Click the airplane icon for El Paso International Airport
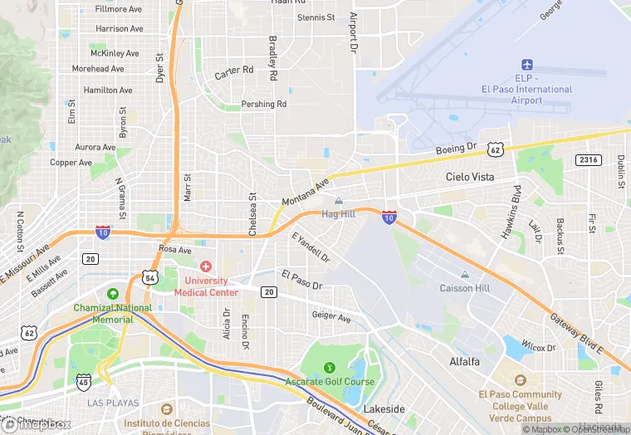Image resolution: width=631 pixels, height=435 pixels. tap(526, 65)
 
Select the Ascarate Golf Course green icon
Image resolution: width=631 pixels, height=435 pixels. tap(330, 367)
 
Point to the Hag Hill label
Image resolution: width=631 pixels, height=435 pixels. tap(338, 213)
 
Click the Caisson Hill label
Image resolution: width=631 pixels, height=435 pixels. tap(464, 288)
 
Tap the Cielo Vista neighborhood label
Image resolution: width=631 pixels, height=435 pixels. tap(470, 177)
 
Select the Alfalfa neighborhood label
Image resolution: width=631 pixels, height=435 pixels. tap(464, 362)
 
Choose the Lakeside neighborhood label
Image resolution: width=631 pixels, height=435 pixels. tap(384, 409)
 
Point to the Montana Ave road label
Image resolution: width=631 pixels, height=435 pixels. tap(306, 192)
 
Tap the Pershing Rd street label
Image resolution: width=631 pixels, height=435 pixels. tap(263, 105)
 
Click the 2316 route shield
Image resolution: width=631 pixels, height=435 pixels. tap(588, 159)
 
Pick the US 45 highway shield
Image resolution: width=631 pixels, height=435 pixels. tap(83, 382)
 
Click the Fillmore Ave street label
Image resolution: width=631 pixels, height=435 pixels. tap(119, 9)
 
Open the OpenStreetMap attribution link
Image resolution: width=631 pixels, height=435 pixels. tap(597, 429)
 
